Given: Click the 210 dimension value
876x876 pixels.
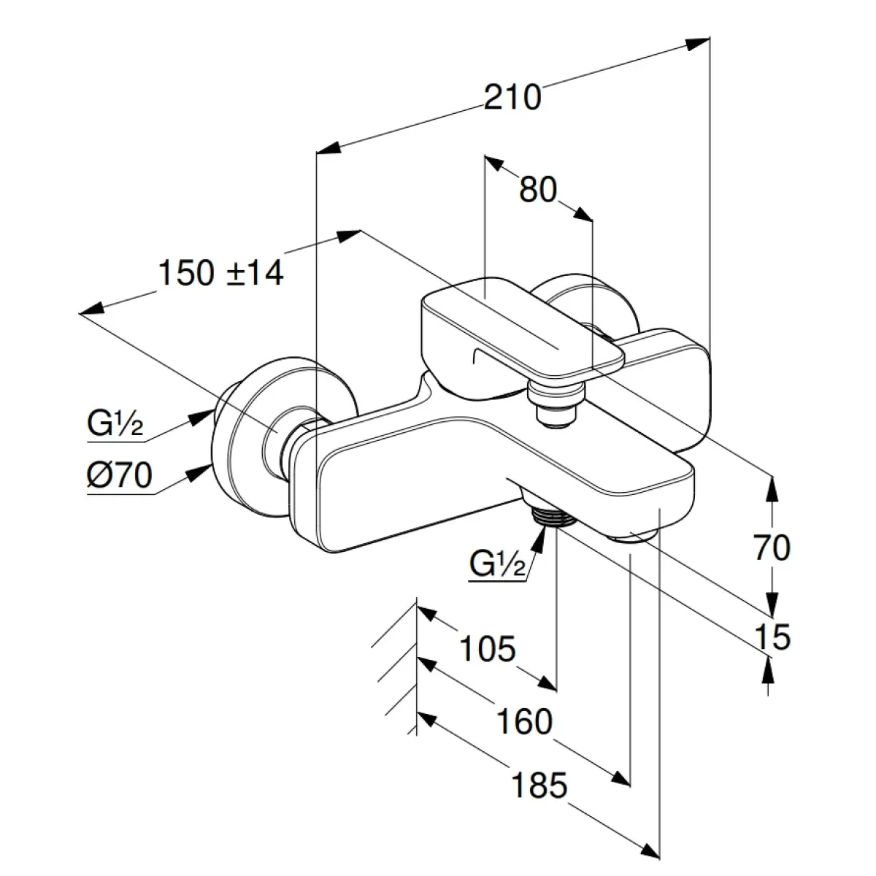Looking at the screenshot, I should (x=513, y=97).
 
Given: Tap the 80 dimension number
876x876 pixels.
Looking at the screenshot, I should (x=538, y=191).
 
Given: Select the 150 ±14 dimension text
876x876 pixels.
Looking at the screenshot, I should (x=220, y=274).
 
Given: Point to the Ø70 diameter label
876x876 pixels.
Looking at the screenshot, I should (x=118, y=477).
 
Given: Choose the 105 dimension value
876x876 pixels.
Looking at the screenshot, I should (x=488, y=648).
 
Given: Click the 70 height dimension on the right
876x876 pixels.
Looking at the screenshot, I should (x=772, y=547).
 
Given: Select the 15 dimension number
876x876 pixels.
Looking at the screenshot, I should (x=772, y=637).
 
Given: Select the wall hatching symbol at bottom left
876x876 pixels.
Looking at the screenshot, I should (x=398, y=664).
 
